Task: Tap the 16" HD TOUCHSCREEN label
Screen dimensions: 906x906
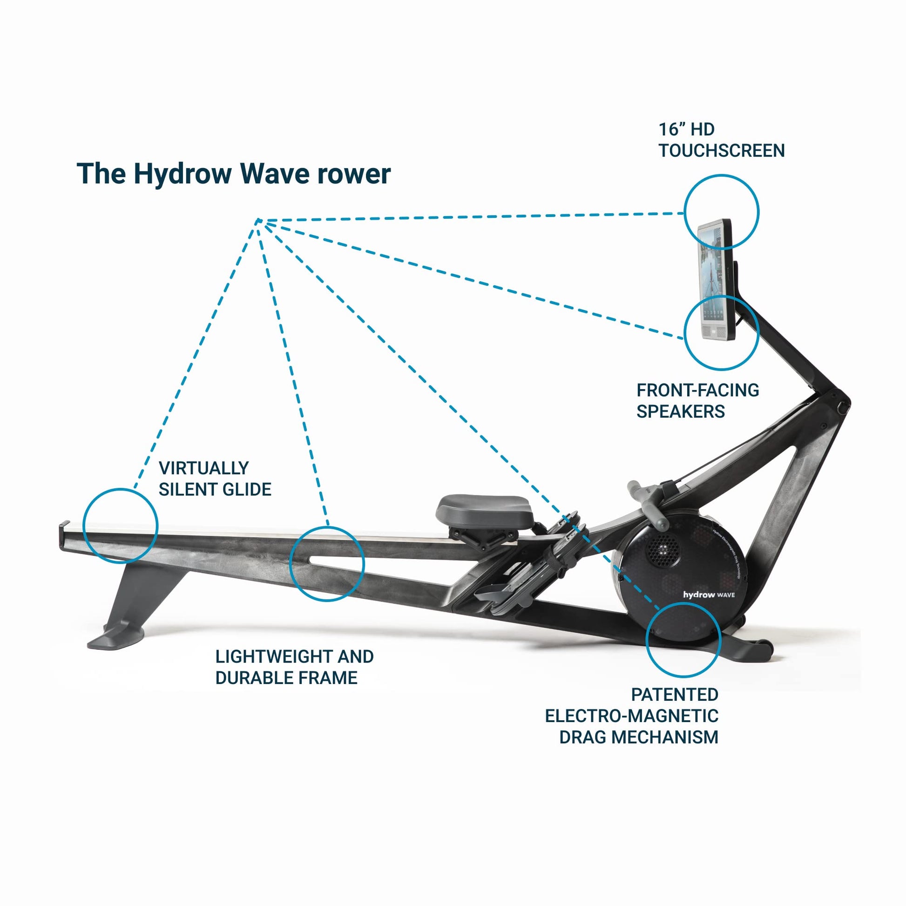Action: pos(721,140)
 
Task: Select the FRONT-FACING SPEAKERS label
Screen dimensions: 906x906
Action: pos(697,400)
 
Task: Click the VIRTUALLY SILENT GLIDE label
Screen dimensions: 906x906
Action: pos(215,479)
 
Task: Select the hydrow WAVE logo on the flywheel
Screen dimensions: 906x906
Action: pos(709,595)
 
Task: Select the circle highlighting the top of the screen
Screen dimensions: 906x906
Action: pos(721,211)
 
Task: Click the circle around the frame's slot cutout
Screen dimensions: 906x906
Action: pos(326,564)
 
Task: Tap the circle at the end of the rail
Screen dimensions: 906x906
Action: pos(120,526)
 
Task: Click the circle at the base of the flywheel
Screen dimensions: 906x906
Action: pos(683,640)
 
